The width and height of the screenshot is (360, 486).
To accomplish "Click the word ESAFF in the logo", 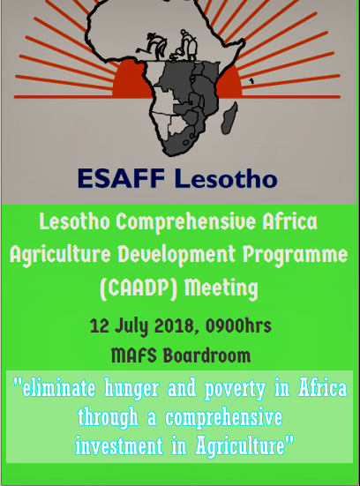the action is [x=121, y=178].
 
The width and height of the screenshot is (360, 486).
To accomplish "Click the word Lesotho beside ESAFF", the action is [x=226, y=178].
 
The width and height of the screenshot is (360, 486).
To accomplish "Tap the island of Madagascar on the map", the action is [x=229, y=118].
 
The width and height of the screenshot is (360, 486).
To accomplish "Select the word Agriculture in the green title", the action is [x=60, y=256].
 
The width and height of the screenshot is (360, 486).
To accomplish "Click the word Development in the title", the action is [x=176, y=255].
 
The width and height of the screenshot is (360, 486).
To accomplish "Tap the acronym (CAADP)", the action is [x=139, y=288].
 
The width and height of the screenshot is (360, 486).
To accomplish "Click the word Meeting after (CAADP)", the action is [x=221, y=288].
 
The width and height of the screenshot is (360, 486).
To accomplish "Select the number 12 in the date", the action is [x=99, y=325].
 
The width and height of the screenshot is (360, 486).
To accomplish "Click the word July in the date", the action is [x=131, y=326].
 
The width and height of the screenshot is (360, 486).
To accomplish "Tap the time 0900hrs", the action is [x=238, y=325].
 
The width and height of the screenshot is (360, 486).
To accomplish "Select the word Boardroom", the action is [x=206, y=355].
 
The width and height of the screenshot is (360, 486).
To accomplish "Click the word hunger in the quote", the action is [x=131, y=389].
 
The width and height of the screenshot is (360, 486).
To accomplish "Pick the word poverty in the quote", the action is [x=235, y=389].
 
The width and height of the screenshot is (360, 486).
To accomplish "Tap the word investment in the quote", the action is [x=119, y=445].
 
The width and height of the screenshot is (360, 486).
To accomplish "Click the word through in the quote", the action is [x=109, y=418].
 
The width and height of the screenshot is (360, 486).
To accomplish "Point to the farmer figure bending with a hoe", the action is [x=154, y=46].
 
